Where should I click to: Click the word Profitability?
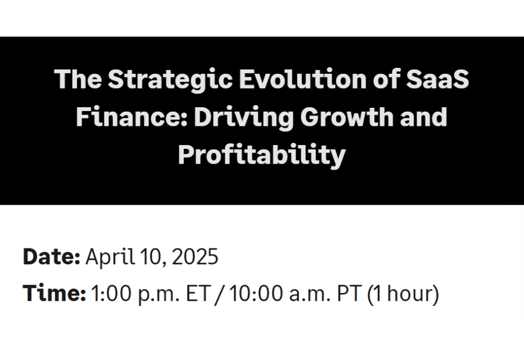click(x=261, y=155)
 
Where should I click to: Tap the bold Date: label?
click(x=52, y=256)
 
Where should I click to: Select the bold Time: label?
click(x=54, y=294)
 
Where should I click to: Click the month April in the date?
click(x=108, y=256)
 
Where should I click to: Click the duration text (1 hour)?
click(x=403, y=294)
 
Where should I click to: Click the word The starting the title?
click(x=78, y=80)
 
